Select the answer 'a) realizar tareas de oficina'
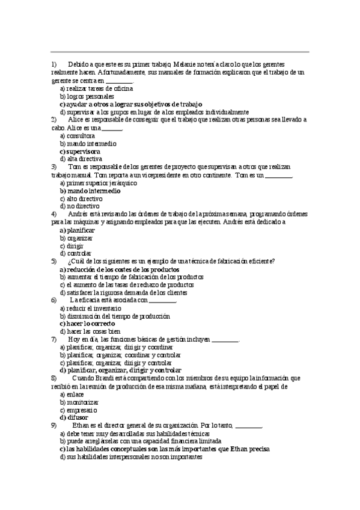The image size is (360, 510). (91, 88)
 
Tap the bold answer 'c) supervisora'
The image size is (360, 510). (80, 151)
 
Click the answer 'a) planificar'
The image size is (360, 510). (78, 230)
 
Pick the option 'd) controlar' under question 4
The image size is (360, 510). (76, 253)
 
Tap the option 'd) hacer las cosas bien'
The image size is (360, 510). (90, 331)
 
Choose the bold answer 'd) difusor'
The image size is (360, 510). (74, 417)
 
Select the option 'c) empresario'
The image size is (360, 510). (79, 410)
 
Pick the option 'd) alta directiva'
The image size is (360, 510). (81, 159)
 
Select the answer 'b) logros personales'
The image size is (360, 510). (87, 96)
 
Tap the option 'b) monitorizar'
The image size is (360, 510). (79, 402)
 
